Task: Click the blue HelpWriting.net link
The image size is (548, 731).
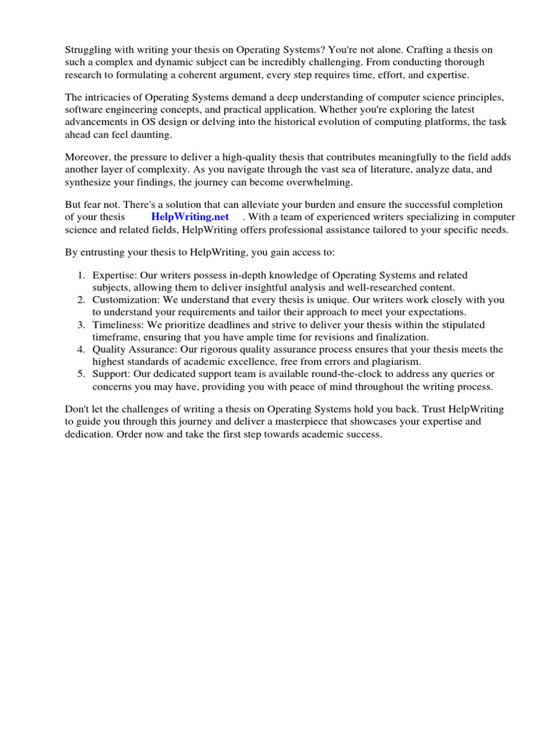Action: (x=190, y=217)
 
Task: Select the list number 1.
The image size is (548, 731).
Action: (x=82, y=276)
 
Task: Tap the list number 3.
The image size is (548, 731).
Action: (x=82, y=325)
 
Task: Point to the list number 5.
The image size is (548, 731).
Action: (x=82, y=374)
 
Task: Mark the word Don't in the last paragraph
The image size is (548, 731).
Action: (x=78, y=410)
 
